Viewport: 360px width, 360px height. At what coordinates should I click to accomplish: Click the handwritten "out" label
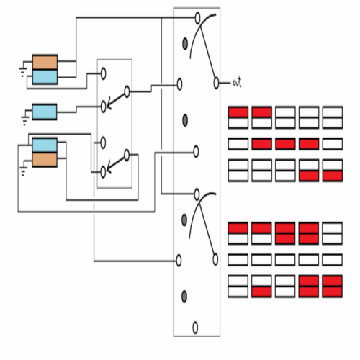point(238,82)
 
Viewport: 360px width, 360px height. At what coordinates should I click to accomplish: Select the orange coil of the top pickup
point(45,62)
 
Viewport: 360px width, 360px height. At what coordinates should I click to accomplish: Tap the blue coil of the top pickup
point(45,77)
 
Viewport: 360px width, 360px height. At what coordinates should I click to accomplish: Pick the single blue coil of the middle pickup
point(45,112)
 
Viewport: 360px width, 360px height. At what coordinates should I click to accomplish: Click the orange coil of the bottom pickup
point(45,160)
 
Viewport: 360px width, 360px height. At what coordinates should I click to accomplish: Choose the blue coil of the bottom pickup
point(45,145)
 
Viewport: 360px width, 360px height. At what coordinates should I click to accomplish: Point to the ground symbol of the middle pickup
point(24,119)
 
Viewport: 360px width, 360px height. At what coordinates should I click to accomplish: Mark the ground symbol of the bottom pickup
point(23,170)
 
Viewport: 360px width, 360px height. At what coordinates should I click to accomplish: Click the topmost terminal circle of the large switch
point(197,18)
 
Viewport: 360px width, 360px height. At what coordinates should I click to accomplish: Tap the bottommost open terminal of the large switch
point(195,328)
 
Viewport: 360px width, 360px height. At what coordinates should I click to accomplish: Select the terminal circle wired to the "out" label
point(216,83)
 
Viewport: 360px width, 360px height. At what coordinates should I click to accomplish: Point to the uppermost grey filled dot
point(185,44)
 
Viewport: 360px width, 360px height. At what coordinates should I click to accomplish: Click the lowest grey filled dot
point(184,297)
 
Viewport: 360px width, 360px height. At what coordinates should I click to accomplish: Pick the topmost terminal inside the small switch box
point(103,73)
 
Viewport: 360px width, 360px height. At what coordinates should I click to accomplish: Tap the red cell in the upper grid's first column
point(238,112)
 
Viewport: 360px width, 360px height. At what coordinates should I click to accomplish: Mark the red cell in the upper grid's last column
point(333,176)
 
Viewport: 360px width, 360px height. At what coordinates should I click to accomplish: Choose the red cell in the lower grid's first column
point(238,228)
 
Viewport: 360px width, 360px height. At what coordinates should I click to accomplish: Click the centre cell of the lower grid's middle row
point(285,260)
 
